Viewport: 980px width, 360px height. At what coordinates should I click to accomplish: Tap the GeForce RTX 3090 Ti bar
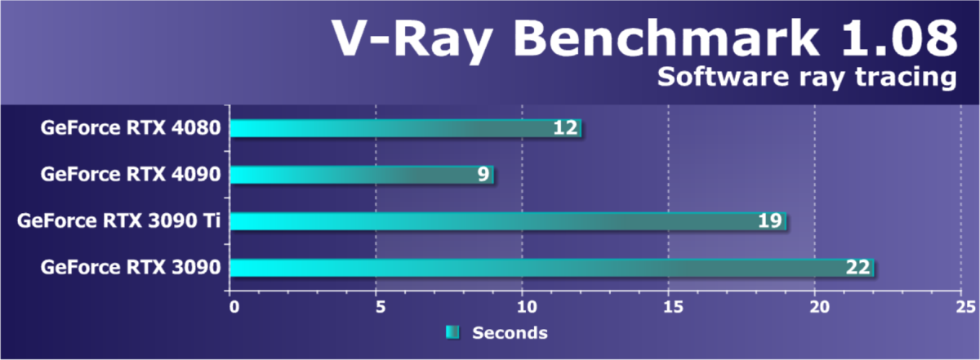(490, 221)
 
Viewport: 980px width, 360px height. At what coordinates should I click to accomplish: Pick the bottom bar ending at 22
(531, 268)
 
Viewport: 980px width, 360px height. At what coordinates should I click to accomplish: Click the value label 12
(565, 128)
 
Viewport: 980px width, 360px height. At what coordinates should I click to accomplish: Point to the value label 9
(483, 175)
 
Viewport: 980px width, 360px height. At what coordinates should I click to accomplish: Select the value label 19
(769, 221)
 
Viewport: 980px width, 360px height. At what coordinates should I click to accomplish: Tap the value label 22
(857, 268)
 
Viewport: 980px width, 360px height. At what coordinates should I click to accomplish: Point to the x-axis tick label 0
(235, 308)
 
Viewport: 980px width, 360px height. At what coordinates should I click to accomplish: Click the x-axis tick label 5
(379, 308)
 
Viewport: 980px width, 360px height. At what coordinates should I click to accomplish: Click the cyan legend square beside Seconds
(452, 332)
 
